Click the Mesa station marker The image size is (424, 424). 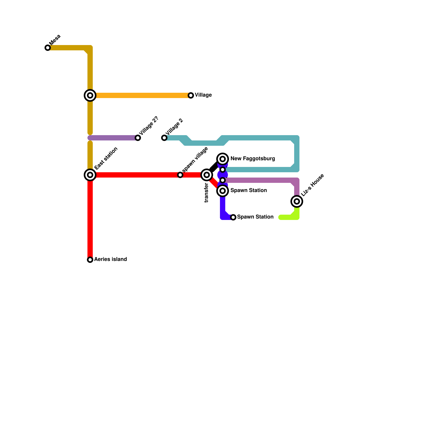click(x=48, y=48)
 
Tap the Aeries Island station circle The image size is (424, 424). click(x=90, y=260)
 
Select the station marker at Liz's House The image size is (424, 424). click(x=297, y=201)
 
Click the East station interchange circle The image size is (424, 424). click(x=90, y=175)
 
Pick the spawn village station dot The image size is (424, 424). click(x=180, y=175)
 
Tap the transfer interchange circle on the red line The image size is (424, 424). click(x=207, y=175)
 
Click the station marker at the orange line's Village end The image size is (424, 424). click(x=191, y=95)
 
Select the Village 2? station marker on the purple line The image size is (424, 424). click(x=138, y=138)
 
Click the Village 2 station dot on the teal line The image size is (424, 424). click(x=164, y=138)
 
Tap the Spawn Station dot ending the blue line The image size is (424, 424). click(x=233, y=217)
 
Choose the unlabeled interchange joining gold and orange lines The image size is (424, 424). click(x=90, y=95)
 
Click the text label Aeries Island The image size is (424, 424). click(x=110, y=259)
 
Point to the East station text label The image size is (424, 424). click(x=106, y=158)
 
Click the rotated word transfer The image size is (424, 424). click(x=206, y=193)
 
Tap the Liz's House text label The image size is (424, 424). click(x=312, y=185)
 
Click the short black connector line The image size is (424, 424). click(x=213, y=167)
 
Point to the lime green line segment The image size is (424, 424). click(x=289, y=217)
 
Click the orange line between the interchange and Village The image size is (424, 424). click(x=143, y=95)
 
